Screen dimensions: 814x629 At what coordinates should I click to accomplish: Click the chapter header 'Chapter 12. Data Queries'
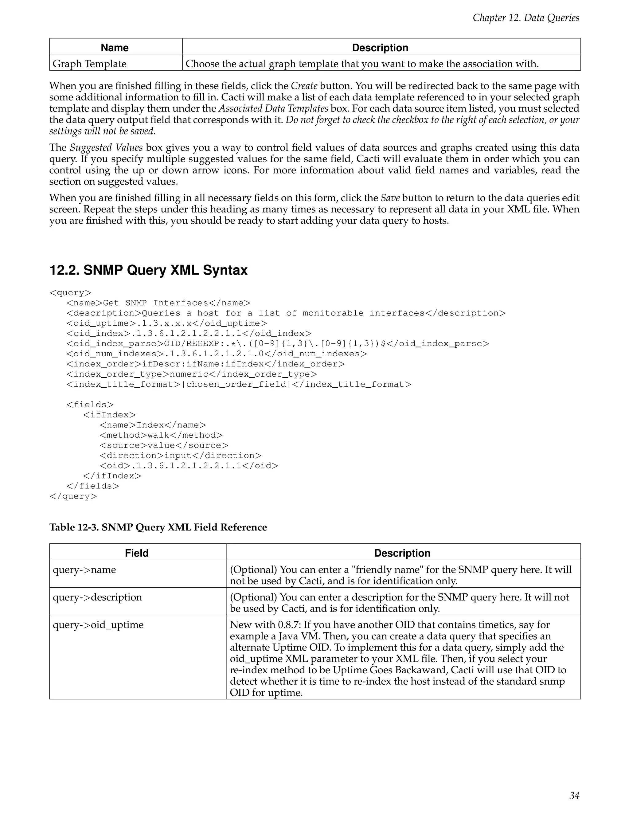525,18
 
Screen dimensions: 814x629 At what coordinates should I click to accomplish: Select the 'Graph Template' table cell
89,64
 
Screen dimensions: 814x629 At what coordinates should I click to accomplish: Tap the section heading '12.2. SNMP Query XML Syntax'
148,270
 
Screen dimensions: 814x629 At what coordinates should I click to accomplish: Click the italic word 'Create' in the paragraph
304,86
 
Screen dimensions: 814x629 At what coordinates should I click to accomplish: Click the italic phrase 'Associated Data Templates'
273,108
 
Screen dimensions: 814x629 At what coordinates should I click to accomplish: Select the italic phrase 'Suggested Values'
101,147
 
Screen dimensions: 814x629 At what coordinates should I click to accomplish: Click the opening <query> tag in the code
70,292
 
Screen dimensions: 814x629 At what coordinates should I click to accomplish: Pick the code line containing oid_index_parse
277,344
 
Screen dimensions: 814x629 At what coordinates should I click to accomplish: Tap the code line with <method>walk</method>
161,435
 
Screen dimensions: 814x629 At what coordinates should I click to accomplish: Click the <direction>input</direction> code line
180,456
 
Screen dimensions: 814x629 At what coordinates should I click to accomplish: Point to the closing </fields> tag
93,486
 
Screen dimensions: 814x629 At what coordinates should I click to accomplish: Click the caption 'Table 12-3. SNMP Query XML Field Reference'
158,527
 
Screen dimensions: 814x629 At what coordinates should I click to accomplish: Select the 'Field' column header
137,553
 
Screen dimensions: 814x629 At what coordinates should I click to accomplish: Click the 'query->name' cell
84,569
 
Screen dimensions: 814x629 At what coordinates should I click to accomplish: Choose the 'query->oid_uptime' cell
98,625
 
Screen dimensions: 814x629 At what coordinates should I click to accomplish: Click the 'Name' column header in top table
114,48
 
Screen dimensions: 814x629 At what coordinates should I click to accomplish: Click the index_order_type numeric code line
192,374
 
